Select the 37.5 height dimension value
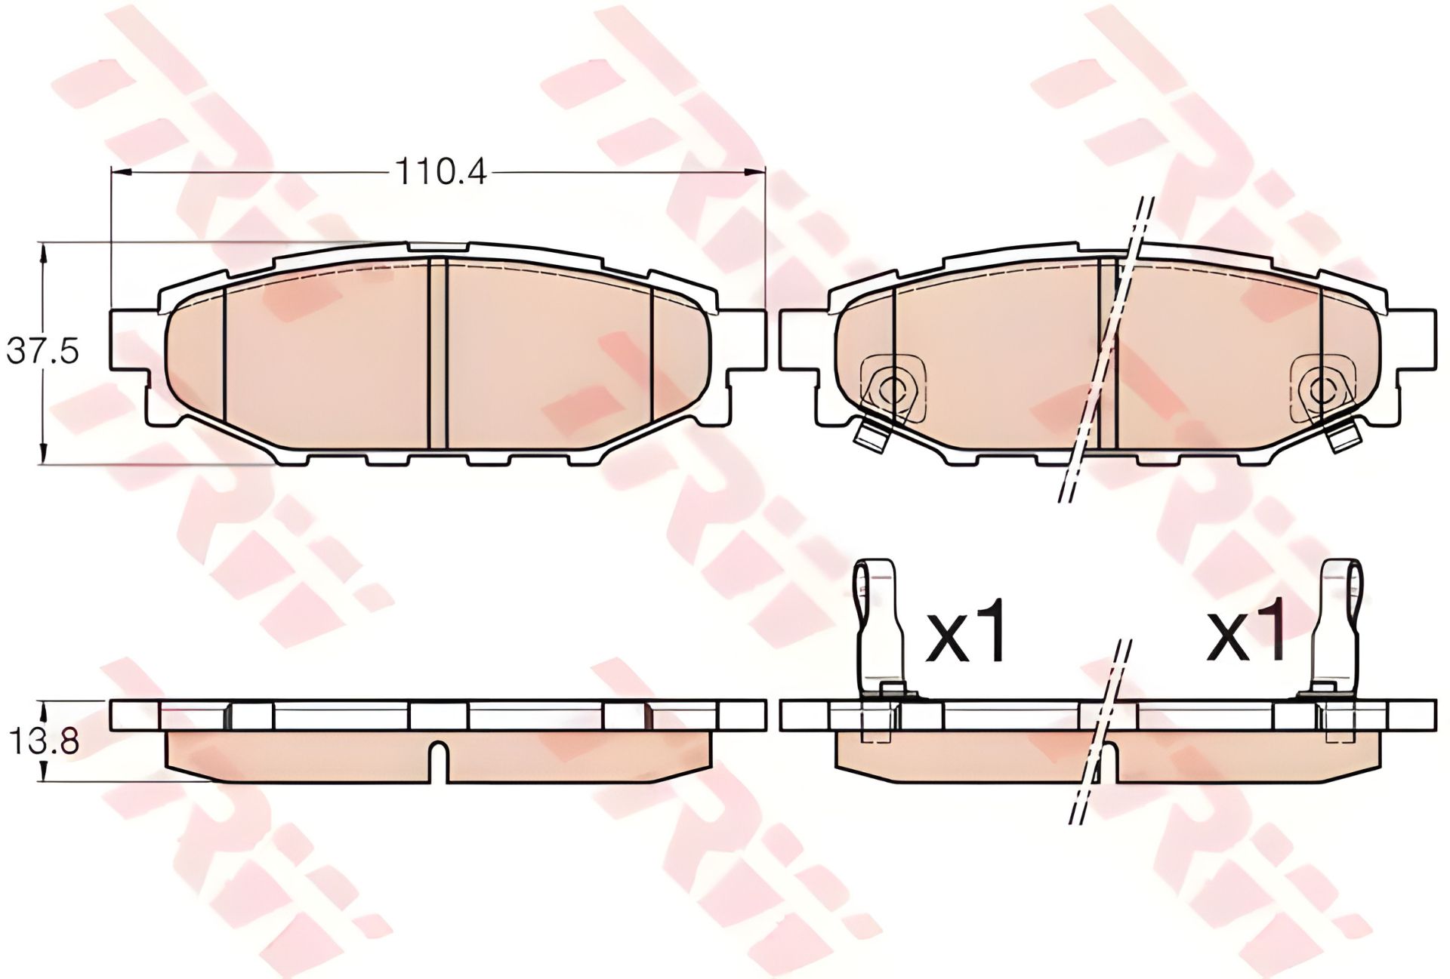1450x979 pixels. [42, 352]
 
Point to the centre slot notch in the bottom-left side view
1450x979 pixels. [438, 762]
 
